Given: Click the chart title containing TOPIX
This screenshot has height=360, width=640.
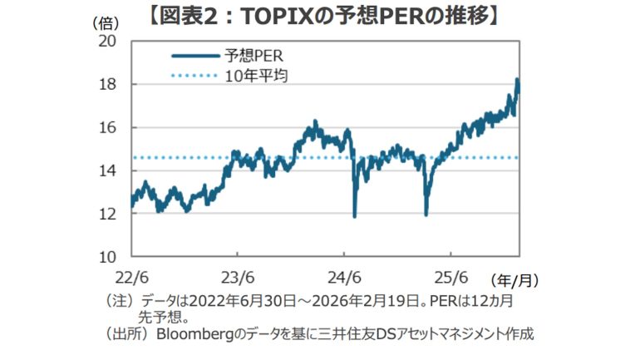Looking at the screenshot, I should point(320,16).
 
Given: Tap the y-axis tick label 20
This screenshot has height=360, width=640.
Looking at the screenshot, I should point(108,41).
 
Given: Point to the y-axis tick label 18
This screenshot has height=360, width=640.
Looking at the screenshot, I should point(108,84).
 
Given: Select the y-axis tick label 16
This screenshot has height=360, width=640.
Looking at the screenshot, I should point(108,127).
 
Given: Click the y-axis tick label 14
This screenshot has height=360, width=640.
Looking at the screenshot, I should point(108,170).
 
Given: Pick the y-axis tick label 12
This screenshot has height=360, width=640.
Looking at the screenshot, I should point(108,214).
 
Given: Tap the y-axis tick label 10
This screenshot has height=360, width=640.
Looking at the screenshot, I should point(108,256).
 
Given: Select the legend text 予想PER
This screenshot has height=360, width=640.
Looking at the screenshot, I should point(254,57).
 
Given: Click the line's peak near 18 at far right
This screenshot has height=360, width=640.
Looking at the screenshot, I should point(517,81).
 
